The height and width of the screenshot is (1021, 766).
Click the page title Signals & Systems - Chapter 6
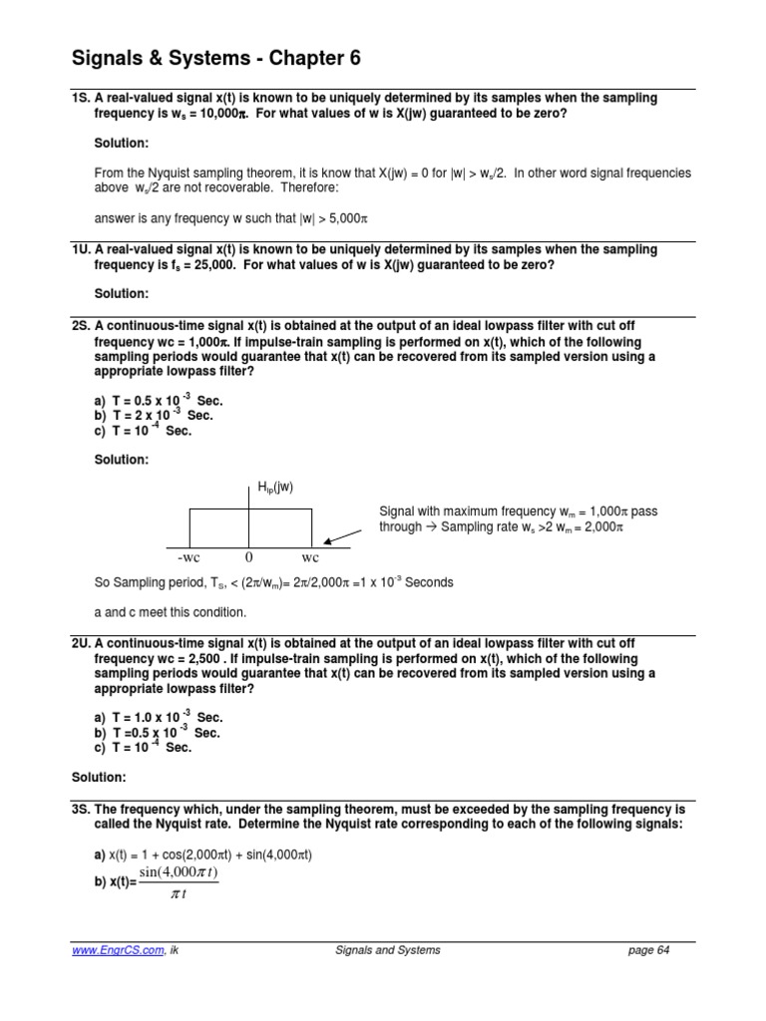click(x=215, y=59)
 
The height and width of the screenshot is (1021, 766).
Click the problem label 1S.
click(x=81, y=98)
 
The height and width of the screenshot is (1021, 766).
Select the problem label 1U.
click(x=81, y=249)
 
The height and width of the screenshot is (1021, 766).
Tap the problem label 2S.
click(x=81, y=326)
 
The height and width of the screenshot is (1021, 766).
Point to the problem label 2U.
click(x=81, y=644)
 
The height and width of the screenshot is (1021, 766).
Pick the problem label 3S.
click(x=81, y=809)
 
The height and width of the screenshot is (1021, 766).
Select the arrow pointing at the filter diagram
click(x=343, y=537)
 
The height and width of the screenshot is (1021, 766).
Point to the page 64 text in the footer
click(x=648, y=950)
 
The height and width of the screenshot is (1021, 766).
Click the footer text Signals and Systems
click(x=387, y=950)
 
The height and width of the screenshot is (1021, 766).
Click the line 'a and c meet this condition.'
click(x=170, y=612)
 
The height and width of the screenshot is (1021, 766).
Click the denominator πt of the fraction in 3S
click(x=180, y=894)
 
